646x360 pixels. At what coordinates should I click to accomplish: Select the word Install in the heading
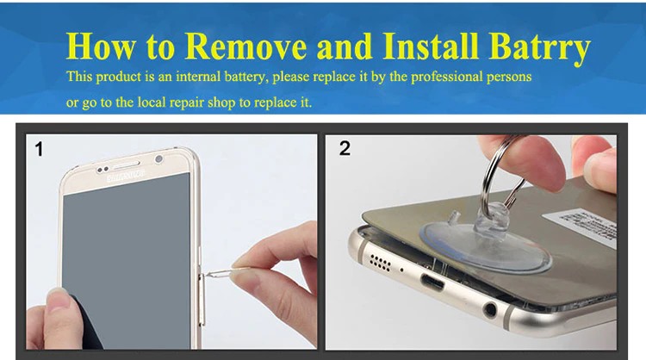(431, 46)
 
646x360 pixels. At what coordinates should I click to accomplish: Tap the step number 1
(39, 149)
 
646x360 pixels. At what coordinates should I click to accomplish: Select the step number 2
(345, 148)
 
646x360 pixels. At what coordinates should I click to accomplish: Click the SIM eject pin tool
(226, 272)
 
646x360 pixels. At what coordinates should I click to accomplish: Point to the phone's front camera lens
(158, 159)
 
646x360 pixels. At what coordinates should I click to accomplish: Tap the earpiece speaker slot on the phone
(127, 165)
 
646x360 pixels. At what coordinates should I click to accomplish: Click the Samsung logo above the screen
(126, 177)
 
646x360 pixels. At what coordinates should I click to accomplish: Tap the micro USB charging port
(432, 283)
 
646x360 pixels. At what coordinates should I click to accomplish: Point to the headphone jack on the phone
(490, 309)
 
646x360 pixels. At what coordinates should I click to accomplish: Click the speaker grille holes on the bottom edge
(380, 263)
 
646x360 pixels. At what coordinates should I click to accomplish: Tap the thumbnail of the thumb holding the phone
(57, 299)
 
